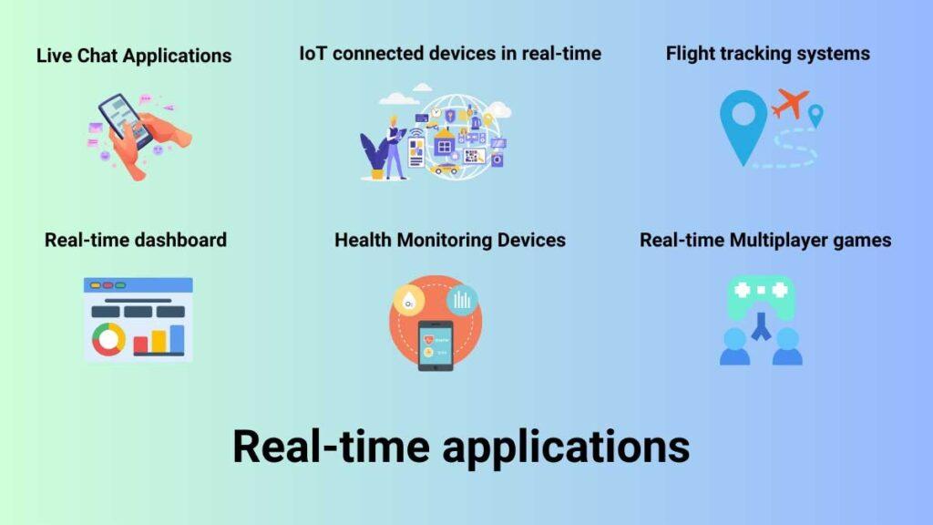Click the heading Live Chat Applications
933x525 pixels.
point(134,56)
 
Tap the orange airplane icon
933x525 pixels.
point(790,103)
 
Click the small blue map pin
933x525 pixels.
point(815,115)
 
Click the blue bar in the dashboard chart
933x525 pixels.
point(177,339)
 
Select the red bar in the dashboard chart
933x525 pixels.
point(140,345)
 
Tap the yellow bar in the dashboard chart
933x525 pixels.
point(159,342)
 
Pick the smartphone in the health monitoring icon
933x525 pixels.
point(435,345)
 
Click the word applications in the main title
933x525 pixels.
point(566,447)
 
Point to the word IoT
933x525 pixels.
point(313,54)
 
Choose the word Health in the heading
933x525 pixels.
point(363,240)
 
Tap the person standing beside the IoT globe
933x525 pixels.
point(395,147)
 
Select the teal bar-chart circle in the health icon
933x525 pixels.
point(462,299)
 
